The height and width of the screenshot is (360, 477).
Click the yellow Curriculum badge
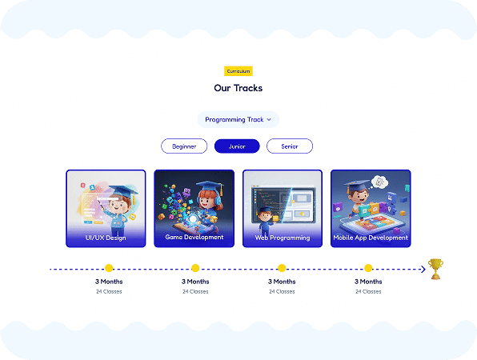238,71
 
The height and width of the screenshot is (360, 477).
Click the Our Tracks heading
238,88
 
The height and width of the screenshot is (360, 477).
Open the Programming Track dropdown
238,119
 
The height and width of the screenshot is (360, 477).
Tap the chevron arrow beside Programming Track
269,120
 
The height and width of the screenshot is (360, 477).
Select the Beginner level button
184,146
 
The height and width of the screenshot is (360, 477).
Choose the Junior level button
237,146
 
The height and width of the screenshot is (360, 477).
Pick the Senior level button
290,146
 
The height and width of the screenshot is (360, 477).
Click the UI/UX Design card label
106,238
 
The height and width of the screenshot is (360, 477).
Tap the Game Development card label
194,237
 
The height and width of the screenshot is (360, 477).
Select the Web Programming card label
283,238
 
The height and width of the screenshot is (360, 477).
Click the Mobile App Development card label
371,238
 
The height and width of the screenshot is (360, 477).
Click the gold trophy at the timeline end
435,269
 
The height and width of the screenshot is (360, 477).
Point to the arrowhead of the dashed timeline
423,269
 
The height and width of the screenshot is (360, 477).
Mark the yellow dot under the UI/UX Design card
109,268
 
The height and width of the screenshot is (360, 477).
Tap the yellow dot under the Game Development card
195,268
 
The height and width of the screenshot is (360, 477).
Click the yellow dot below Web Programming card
282,268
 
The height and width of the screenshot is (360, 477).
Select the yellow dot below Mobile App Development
368,268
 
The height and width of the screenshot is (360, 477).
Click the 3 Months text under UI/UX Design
109,282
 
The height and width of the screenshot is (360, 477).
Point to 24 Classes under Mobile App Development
368,291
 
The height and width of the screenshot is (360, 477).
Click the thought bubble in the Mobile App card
379,182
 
